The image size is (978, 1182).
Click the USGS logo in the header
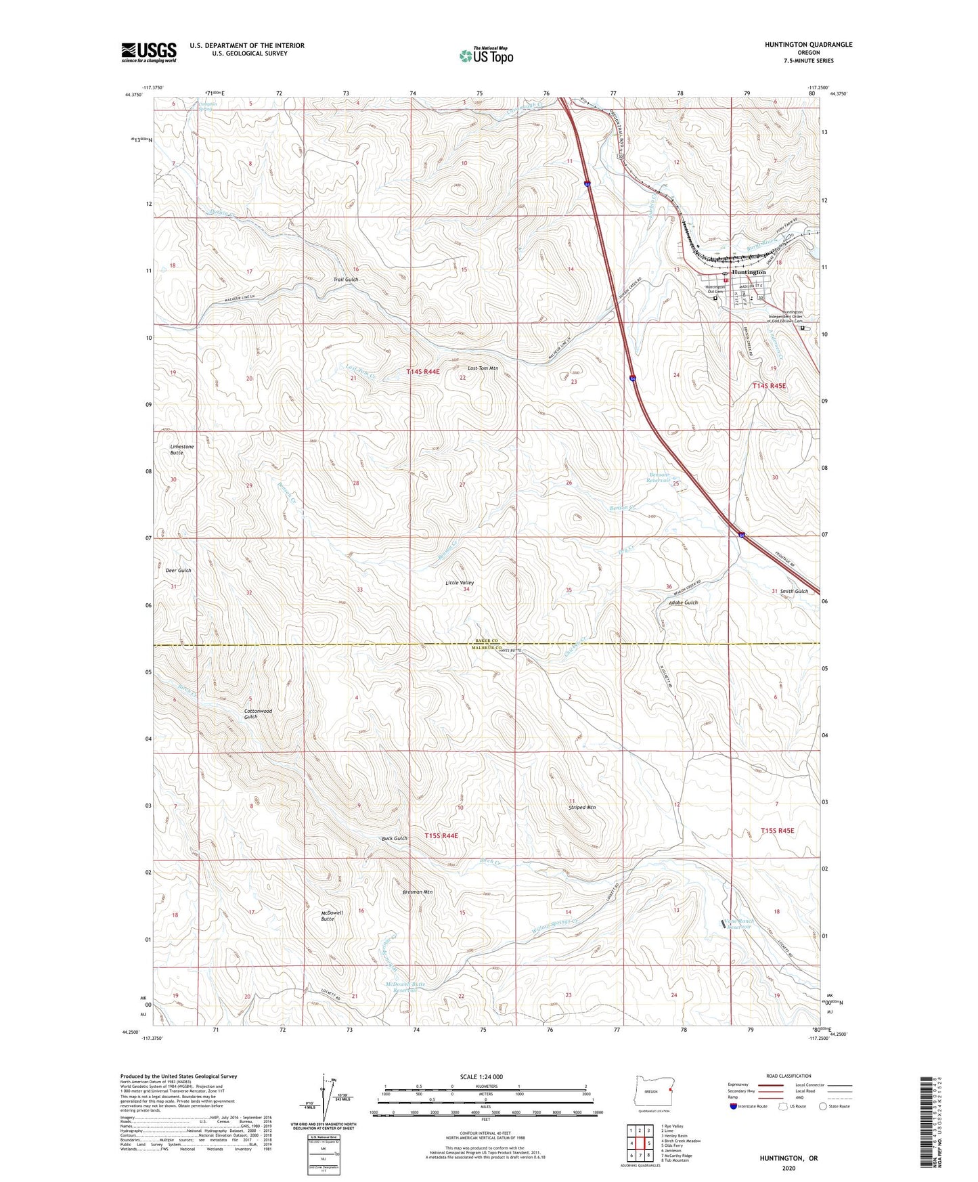pyautogui.click(x=149, y=52)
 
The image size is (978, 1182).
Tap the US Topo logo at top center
pyautogui.click(x=486, y=56)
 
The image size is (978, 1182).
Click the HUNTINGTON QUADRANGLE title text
pyautogui.click(x=808, y=45)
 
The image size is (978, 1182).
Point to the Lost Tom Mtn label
pyautogui.click(x=483, y=368)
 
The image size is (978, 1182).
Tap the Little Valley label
pyautogui.click(x=460, y=583)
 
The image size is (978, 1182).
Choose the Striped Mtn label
pyautogui.click(x=581, y=808)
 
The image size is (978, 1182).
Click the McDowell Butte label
pyautogui.click(x=332, y=915)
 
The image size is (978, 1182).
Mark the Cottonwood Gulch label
pyautogui.click(x=258, y=714)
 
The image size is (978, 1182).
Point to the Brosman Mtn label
pyautogui.click(x=417, y=892)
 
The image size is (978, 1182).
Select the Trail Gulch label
pyautogui.click(x=345, y=280)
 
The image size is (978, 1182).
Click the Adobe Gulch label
pyautogui.click(x=683, y=603)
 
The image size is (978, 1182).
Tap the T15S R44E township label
pyautogui.click(x=441, y=836)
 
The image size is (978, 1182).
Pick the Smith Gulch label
pyautogui.click(x=794, y=592)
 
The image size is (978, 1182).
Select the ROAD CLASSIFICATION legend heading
pyautogui.click(x=788, y=1076)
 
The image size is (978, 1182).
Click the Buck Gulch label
pyautogui.click(x=395, y=839)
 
